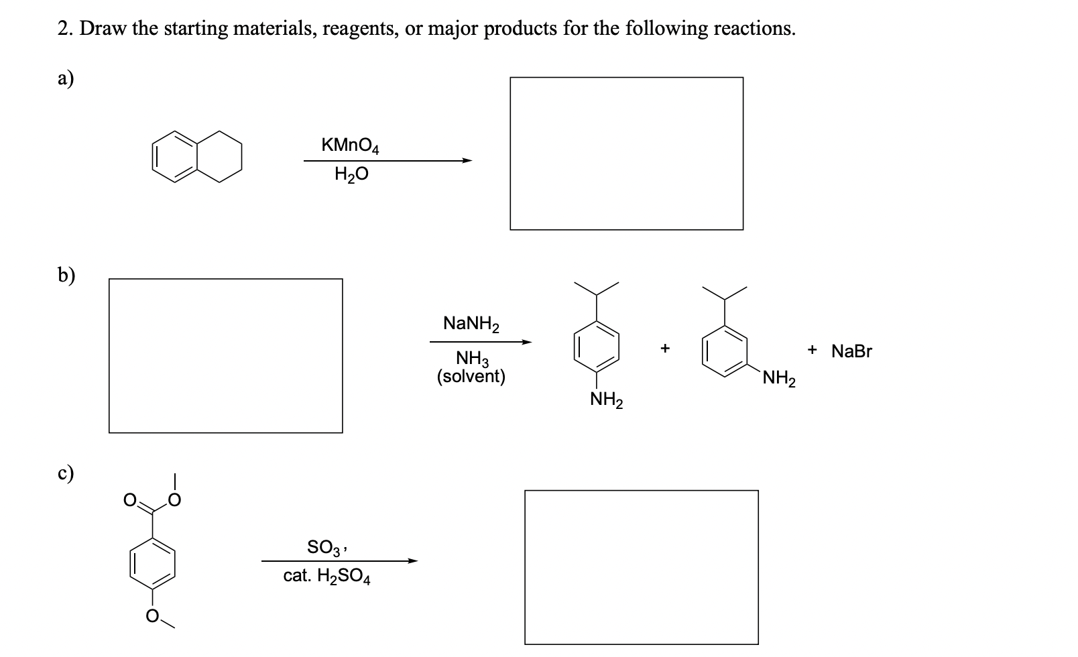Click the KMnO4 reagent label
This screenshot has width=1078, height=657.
pos(350,145)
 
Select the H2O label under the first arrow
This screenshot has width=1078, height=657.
pos(351,175)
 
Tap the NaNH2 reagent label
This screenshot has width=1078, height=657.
pos(471,324)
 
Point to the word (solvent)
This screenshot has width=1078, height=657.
pos(471,376)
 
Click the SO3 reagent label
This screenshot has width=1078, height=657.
pos(326,547)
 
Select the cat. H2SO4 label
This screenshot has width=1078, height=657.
pos(326,576)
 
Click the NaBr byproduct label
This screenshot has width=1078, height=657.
pos(851,351)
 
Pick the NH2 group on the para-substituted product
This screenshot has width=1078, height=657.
pos(606,401)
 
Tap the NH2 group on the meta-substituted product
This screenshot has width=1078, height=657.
pos(778,380)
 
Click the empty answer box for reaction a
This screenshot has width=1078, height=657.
pos(626,154)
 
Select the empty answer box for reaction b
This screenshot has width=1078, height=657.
pos(225,356)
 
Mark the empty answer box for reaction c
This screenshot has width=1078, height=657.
pos(641,567)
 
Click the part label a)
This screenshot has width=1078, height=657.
pos(66,79)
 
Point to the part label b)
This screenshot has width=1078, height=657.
pos(66,275)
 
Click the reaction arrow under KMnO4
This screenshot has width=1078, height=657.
pos(387,160)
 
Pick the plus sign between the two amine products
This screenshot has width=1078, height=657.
pos(664,348)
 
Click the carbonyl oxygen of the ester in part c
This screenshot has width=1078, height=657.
pos(131,499)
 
